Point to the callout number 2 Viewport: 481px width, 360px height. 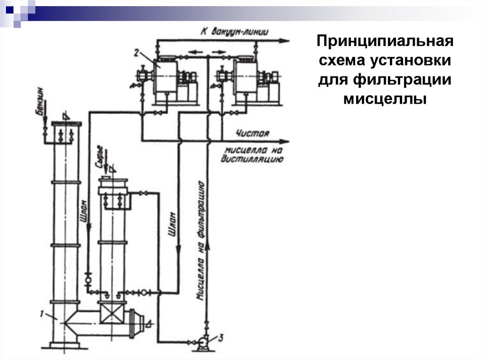[137, 54]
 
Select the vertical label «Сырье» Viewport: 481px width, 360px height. [99, 160]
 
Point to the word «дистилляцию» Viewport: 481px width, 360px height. [254, 160]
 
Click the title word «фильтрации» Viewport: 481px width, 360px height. [384, 80]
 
